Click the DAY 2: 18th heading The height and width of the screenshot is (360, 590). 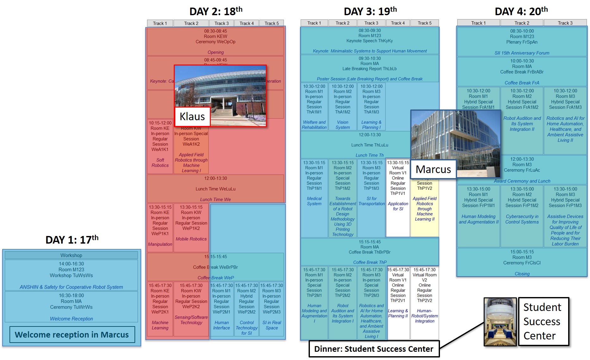point(216,11)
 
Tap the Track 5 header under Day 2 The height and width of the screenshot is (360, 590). point(272,23)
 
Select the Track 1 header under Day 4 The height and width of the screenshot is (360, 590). point(478,23)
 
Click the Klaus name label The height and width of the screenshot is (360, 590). point(192,116)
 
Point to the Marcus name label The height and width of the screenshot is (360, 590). point(433,169)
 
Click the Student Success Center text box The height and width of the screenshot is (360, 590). point(543,321)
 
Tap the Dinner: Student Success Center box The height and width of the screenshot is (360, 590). point(374,349)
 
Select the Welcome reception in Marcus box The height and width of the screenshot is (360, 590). point(72,335)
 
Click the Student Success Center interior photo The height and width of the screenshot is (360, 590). point(500,321)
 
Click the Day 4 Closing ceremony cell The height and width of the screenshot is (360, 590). point(522,262)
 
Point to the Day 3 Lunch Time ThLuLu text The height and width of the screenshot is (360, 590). point(369,145)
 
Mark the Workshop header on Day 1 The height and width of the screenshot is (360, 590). point(71,255)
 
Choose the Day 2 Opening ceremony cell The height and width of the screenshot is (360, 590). point(215,41)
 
